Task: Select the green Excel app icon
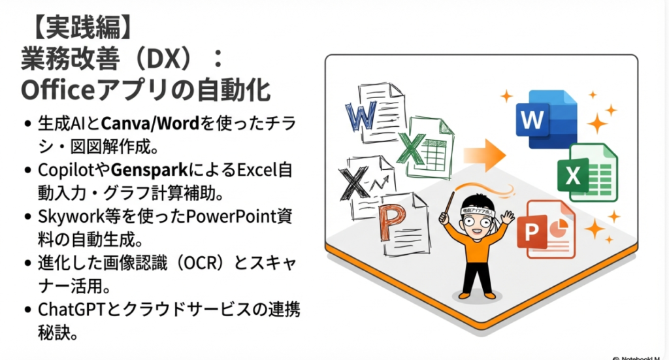(587, 172)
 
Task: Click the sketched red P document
(403, 224)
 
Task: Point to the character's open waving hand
(507, 217)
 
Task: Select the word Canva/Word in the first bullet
(150, 124)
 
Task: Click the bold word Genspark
(150, 171)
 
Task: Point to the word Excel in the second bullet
(256, 170)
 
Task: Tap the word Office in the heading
(57, 90)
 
